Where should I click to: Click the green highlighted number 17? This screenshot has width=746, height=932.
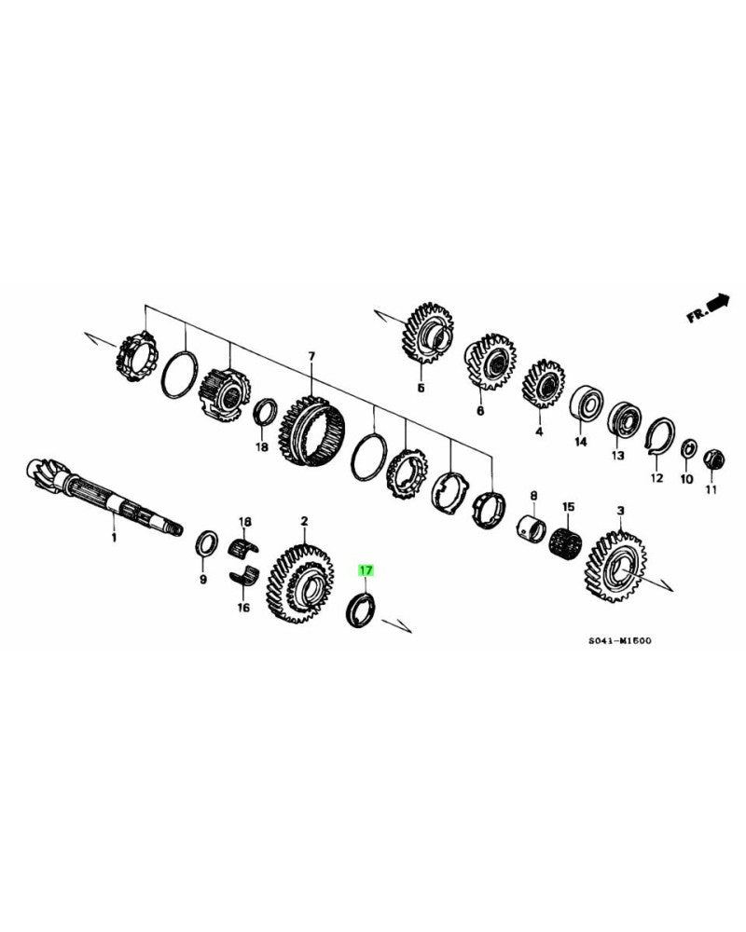tap(366, 569)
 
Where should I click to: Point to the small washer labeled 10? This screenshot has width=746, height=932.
tap(688, 449)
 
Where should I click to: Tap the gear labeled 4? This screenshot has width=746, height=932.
tap(542, 386)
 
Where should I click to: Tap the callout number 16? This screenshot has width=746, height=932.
tap(244, 608)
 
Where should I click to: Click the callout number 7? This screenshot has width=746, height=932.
tap(311, 357)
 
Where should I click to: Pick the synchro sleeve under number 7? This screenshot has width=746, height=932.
tap(312, 435)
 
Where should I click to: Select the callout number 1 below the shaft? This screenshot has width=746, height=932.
tap(114, 538)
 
